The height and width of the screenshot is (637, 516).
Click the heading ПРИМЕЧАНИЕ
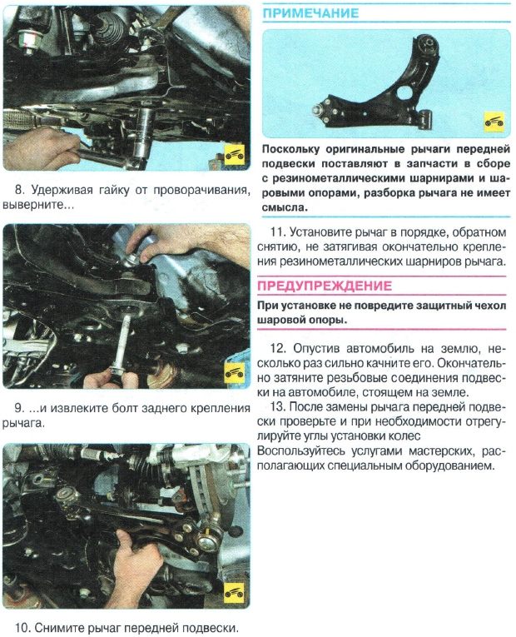coord(311,13)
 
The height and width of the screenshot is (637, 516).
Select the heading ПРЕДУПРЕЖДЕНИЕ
coord(325,286)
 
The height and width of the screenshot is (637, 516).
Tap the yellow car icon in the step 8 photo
coord(236,155)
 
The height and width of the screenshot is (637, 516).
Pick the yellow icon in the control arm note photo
coord(494,122)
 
